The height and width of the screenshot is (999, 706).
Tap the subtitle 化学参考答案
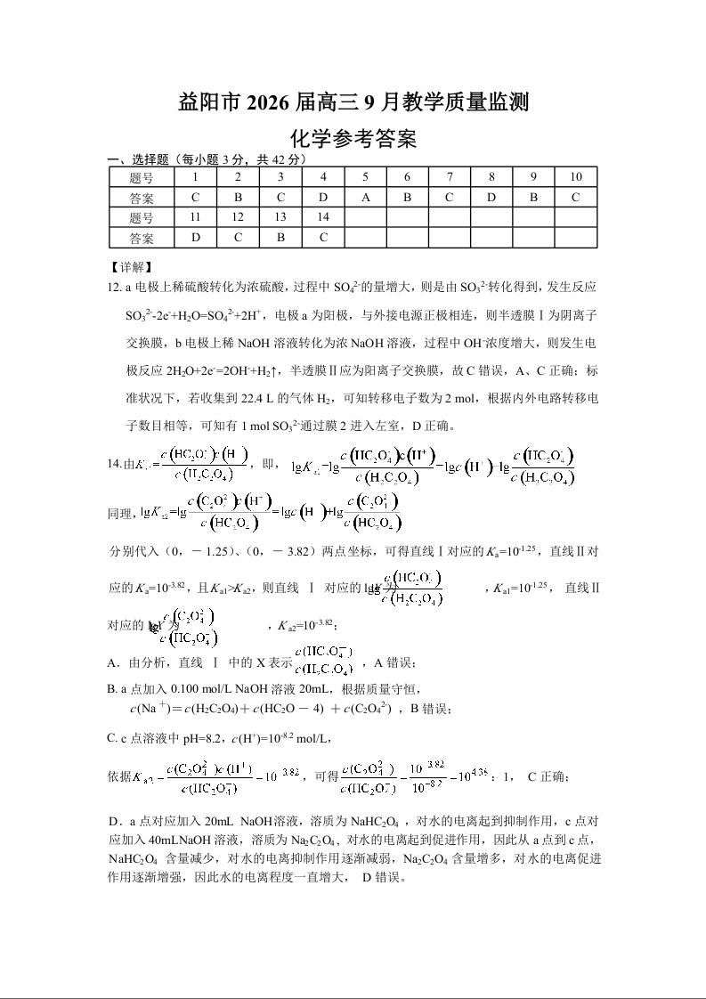tap(353, 139)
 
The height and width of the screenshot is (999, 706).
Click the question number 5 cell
tap(365, 176)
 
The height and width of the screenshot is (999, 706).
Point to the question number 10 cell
tap(575, 176)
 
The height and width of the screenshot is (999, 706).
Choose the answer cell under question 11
tap(196, 238)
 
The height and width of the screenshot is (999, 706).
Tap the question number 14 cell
tap(323, 217)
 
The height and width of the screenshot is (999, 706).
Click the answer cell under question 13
tap(280, 238)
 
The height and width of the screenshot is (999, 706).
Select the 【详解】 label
tap(130, 266)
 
